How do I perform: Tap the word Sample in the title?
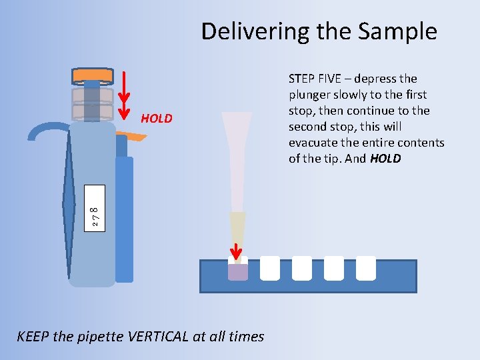(403, 31)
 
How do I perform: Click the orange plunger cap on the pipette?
(93, 75)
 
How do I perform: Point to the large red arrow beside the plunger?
(124, 93)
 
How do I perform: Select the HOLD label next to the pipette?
(157, 119)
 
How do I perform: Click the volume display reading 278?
(95, 210)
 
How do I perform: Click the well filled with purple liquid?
(238, 271)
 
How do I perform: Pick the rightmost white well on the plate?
(366, 268)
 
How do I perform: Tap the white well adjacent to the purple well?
(270, 268)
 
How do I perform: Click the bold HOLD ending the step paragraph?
(385, 159)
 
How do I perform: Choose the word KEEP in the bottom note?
(32, 337)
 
